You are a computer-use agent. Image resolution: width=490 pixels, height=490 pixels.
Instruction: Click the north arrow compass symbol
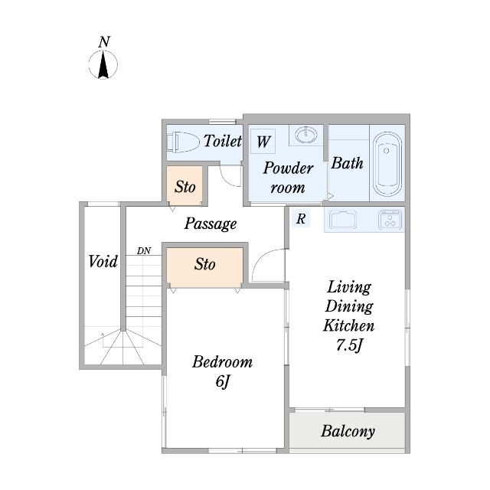pos(103,64)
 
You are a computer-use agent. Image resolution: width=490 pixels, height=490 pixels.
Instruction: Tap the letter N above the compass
pos(104,42)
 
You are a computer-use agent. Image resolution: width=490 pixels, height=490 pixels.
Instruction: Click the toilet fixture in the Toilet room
pos(183,142)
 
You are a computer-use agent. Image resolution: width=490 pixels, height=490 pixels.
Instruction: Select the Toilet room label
pos(223,141)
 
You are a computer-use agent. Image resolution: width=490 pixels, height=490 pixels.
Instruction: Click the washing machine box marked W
pos(263,141)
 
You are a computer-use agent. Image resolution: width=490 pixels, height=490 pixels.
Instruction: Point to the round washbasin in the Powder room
pos(306,135)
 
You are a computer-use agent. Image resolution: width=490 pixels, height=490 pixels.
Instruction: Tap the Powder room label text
pos(288,178)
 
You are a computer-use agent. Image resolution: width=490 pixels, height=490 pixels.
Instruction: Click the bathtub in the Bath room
pos(387,164)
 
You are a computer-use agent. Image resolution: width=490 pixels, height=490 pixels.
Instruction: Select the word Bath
pos(347,163)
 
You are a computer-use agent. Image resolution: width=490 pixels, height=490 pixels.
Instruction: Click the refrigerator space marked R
pos(301,218)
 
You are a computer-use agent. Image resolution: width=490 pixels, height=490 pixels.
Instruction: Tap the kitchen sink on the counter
pos(343,220)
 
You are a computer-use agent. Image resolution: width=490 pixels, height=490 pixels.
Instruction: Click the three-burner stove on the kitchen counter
pos(390,219)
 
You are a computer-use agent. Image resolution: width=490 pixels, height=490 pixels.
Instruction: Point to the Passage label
pos(211,224)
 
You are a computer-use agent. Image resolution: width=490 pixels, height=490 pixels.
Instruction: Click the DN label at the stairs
pos(144,250)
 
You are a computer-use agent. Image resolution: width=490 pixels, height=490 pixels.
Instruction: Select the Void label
pos(103,261)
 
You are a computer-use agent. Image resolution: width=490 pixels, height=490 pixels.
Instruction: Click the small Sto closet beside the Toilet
pos(185,185)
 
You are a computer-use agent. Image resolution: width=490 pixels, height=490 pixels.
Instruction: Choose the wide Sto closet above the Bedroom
pos(204,267)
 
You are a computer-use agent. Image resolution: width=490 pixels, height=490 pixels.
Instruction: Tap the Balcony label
pos(348,432)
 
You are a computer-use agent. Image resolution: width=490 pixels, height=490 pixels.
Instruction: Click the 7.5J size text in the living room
pos(349,345)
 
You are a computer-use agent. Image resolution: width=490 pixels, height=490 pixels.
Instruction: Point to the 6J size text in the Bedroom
pos(223,381)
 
